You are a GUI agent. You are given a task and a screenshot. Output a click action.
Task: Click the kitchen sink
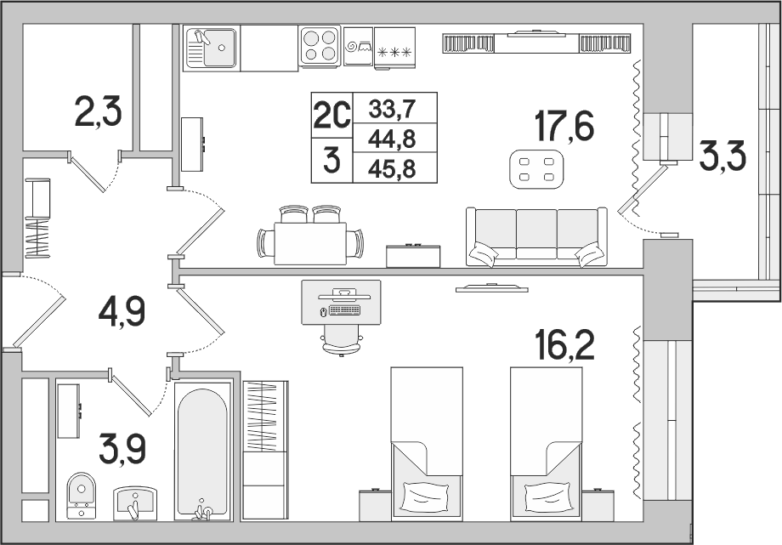(x=212, y=48)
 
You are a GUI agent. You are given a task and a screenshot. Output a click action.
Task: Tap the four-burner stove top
(x=320, y=45)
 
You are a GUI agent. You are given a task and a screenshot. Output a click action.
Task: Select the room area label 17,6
(x=564, y=126)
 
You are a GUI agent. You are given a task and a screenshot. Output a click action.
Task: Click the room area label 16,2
(x=564, y=345)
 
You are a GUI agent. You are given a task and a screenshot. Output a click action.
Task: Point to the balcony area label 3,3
(x=722, y=156)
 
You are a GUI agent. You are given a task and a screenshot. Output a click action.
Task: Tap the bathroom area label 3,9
(x=122, y=449)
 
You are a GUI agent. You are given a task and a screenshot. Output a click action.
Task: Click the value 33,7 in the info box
(x=392, y=109)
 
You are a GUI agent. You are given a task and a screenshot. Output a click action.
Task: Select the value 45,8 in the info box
(x=392, y=170)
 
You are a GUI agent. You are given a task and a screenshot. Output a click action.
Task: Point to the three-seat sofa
(x=536, y=237)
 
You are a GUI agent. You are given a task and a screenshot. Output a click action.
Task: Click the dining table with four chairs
(x=310, y=236)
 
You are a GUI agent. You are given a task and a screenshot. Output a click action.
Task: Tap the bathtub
(x=203, y=452)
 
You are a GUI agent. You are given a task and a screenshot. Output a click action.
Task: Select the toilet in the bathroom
(x=82, y=495)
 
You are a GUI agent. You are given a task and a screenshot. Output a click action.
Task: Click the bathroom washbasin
(x=135, y=504)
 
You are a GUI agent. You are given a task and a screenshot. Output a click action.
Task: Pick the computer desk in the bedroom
(x=341, y=303)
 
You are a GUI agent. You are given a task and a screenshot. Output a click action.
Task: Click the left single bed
(x=427, y=444)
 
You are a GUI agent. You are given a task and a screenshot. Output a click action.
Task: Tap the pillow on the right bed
(x=546, y=495)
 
